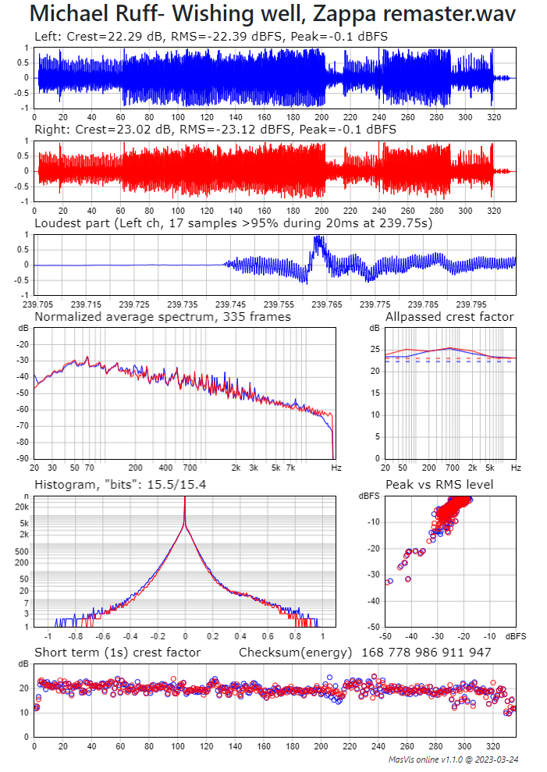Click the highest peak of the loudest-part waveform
point(317,237)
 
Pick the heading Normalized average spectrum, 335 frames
point(162,316)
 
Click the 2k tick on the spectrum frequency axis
point(236,468)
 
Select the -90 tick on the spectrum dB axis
point(23,459)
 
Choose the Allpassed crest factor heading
point(449,316)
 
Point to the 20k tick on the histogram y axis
point(22,507)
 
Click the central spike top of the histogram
point(185,500)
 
